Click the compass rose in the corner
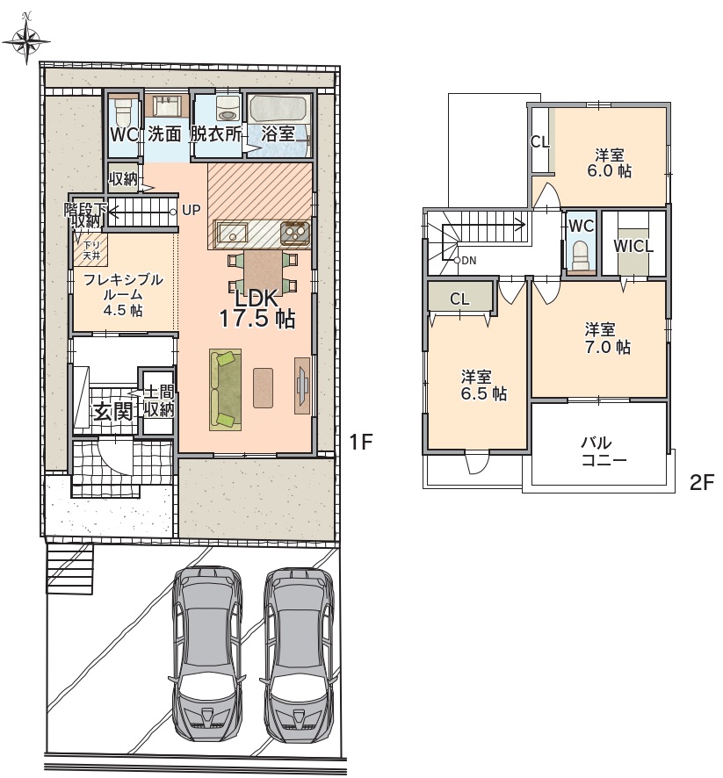click(27, 40)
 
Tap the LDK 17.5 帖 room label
click(257, 308)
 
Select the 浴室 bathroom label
click(278, 133)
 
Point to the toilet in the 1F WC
click(120, 114)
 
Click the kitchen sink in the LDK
click(232, 232)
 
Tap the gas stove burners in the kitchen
click(295, 232)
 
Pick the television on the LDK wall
click(303, 385)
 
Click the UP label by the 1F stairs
click(191, 211)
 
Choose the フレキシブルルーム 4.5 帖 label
click(123, 295)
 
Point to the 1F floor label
click(361, 442)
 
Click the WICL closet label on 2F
click(633, 246)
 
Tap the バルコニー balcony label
click(603, 451)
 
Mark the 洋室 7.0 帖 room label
click(607, 338)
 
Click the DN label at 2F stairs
click(468, 260)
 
